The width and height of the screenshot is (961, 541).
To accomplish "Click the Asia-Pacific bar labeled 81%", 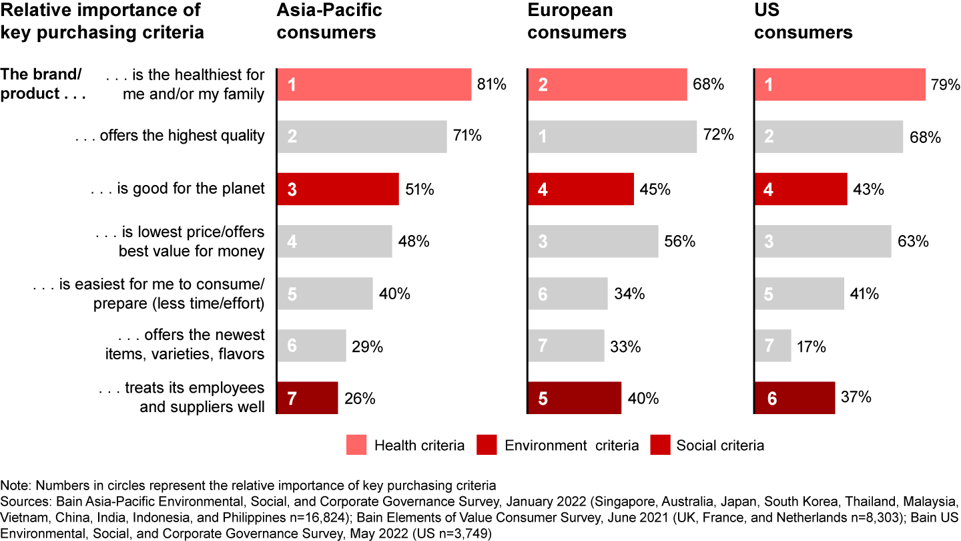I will tap(374, 85).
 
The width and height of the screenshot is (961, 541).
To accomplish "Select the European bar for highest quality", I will tap(612, 136).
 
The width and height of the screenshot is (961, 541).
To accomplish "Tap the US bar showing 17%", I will tap(773, 346).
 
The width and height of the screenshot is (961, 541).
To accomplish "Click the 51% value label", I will tap(420, 189).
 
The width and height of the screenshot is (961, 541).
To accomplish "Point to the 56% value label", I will tap(680, 242).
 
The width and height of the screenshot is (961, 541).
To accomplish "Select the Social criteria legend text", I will tap(720, 445).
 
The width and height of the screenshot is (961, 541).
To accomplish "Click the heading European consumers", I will tap(577, 21).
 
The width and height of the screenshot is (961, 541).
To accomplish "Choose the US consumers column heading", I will tap(804, 21).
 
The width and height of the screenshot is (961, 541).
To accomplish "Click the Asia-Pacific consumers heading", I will tap(329, 21).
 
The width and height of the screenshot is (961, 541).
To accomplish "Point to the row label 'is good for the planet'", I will tap(178, 189).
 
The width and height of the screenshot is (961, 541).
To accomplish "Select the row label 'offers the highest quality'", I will tap(170, 136).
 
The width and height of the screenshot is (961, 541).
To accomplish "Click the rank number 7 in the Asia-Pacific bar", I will tap(292, 399).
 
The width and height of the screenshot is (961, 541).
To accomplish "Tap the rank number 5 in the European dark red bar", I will tap(543, 399).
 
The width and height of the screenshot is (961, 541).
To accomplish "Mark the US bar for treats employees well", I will tap(794, 398).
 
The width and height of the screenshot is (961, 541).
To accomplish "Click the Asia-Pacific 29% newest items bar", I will tap(311, 346).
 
